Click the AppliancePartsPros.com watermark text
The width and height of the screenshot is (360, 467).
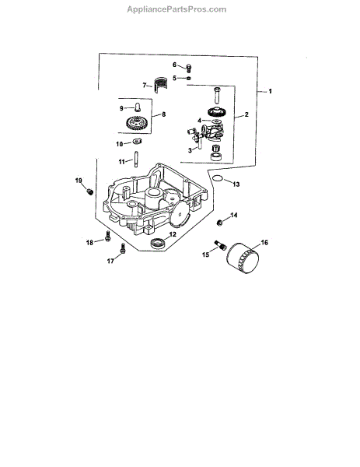(x=177, y=9)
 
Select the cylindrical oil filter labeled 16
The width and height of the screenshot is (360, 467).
(x=243, y=258)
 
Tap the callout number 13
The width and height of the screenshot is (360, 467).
(x=236, y=184)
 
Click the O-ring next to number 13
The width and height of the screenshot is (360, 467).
(x=218, y=178)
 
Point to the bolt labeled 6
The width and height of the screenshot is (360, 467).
(x=189, y=68)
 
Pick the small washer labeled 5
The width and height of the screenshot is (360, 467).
(x=189, y=79)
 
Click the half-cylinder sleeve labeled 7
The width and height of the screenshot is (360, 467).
(x=160, y=85)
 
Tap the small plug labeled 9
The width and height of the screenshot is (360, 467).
(x=138, y=107)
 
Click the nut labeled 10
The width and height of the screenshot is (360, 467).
(x=137, y=141)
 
